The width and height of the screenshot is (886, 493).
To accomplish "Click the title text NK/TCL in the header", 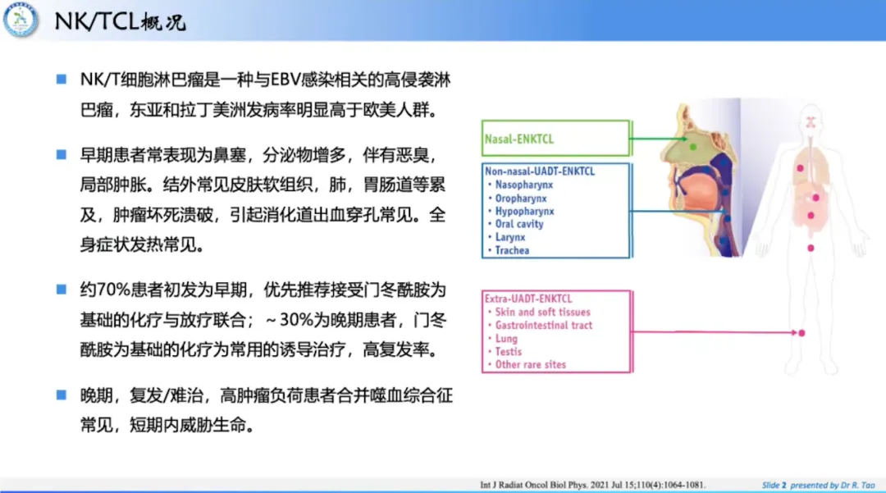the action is pyautogui.click(x=97, y=21).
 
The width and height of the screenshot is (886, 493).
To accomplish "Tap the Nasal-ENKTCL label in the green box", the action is pyautogui.click(x=518, y=139).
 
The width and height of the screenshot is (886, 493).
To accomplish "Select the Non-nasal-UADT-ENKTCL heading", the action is pyautogui.click(x=540, y=171).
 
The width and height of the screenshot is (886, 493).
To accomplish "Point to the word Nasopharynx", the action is pyautogui.click(x=523, y=185).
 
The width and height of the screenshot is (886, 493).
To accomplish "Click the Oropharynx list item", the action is pyautogui.click(x=521, y=199).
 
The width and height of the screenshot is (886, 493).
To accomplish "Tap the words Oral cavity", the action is pyautogui.click(x=519, y=224).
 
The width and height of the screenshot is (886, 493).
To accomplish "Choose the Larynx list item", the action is pyautogui.click(x=510, y=237).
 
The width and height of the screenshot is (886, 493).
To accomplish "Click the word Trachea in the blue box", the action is pyautogui.click(x=512, y=250).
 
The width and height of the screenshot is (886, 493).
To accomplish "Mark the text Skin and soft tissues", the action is pyautogui.click(x=542, y=312).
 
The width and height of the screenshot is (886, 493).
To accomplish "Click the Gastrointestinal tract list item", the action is pyautogui.click(x=544, y=326).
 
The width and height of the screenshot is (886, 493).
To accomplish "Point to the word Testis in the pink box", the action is pyautogui.click(x=509, y=351).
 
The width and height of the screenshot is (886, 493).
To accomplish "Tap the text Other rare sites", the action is pyautogui.click(x=531, y=365).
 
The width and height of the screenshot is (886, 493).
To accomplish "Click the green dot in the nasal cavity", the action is pyautogui.click(x=692, y=147).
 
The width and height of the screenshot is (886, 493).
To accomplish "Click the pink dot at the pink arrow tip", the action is pyautogui.click(x=802, y=333).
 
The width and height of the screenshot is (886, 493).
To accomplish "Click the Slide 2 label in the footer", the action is pyautogui.click(x=774, y=485).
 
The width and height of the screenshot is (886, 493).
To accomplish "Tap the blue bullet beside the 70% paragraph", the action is pyautogui.click(x=62, y=290).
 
